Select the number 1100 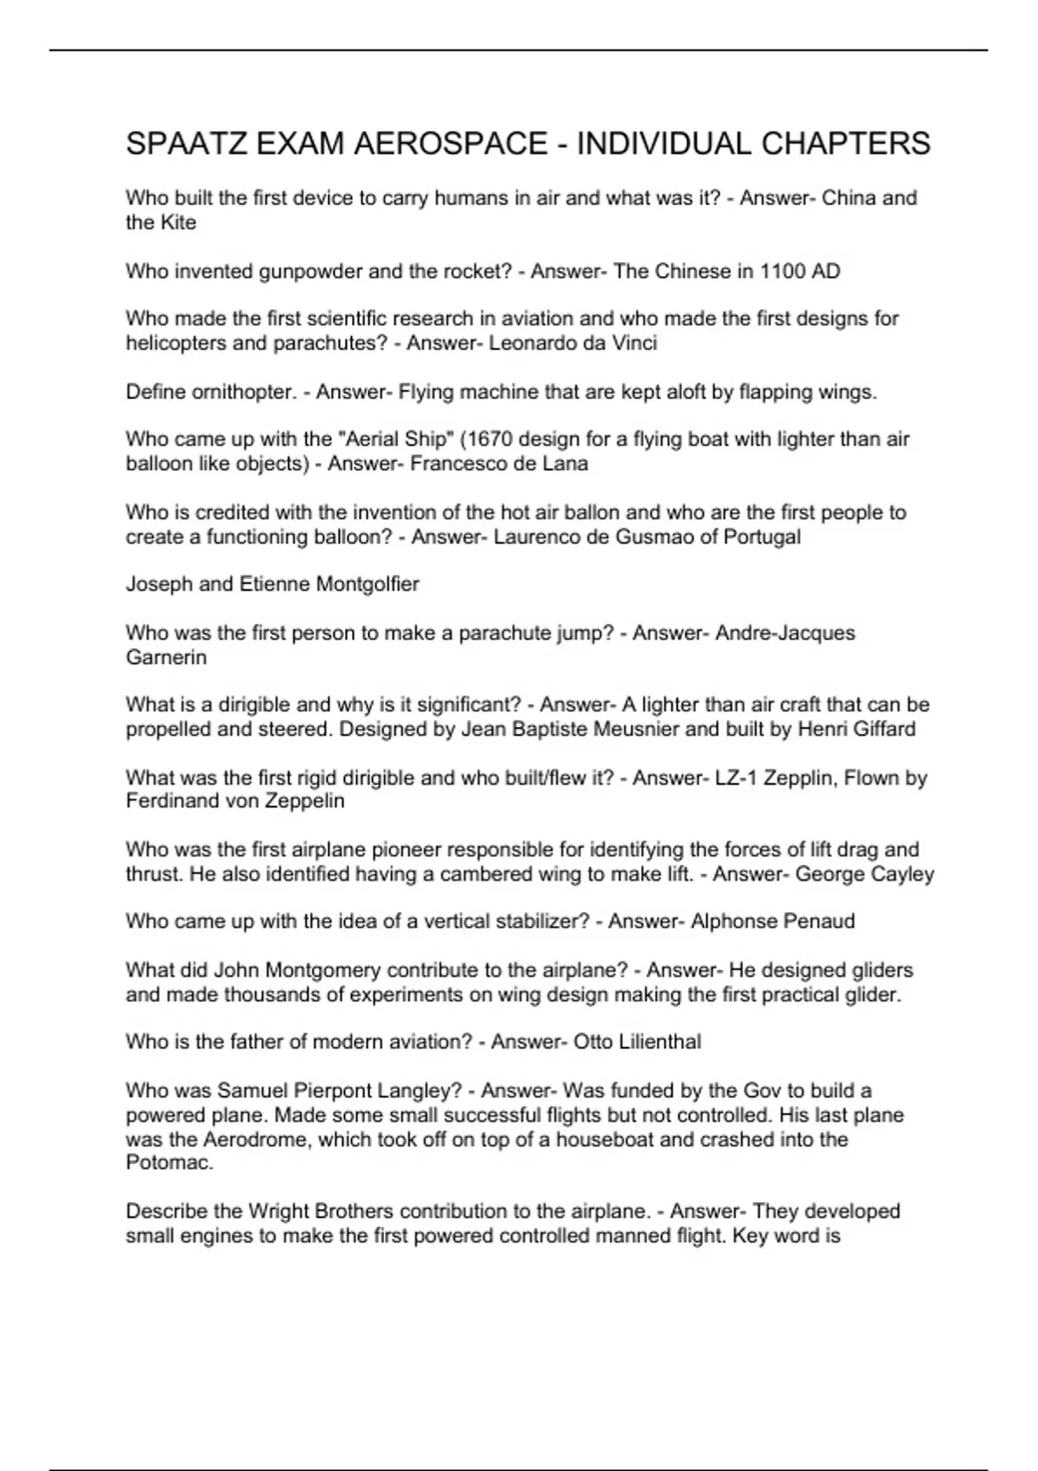[782, 271]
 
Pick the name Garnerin [166, 657]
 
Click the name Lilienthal [660, 1042]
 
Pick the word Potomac [169, 1162]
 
